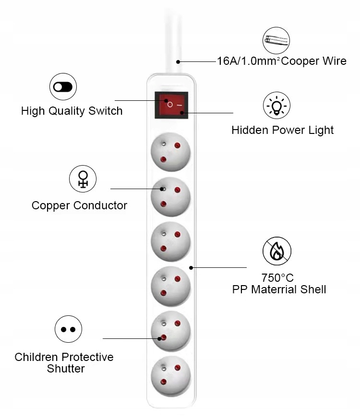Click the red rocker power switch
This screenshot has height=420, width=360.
(x=171, y=104)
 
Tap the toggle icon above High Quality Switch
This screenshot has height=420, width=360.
(x=63, y=87)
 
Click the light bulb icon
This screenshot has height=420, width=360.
(x=276, y=106)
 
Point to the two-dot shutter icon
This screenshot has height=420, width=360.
(x=68, y=330)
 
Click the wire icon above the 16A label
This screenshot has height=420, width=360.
(x=276, y=40)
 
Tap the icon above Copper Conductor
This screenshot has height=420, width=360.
(x=83, y=179)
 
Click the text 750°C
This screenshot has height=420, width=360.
(x=277, y=277)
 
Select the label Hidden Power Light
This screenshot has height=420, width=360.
(x=282, y=130)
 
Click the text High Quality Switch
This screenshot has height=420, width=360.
(x=72, y=111)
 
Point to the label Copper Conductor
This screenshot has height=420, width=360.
(x=79, y=205)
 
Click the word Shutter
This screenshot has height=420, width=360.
(x=66, y=369)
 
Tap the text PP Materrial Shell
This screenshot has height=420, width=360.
(x=279, y=289)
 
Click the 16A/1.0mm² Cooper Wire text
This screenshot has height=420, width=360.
(x=281, y=61)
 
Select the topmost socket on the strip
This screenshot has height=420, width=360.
(x=170, y=153)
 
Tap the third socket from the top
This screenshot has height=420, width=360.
(x=170, y=241)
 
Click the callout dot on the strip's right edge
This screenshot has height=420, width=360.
(x=191, y=267)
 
